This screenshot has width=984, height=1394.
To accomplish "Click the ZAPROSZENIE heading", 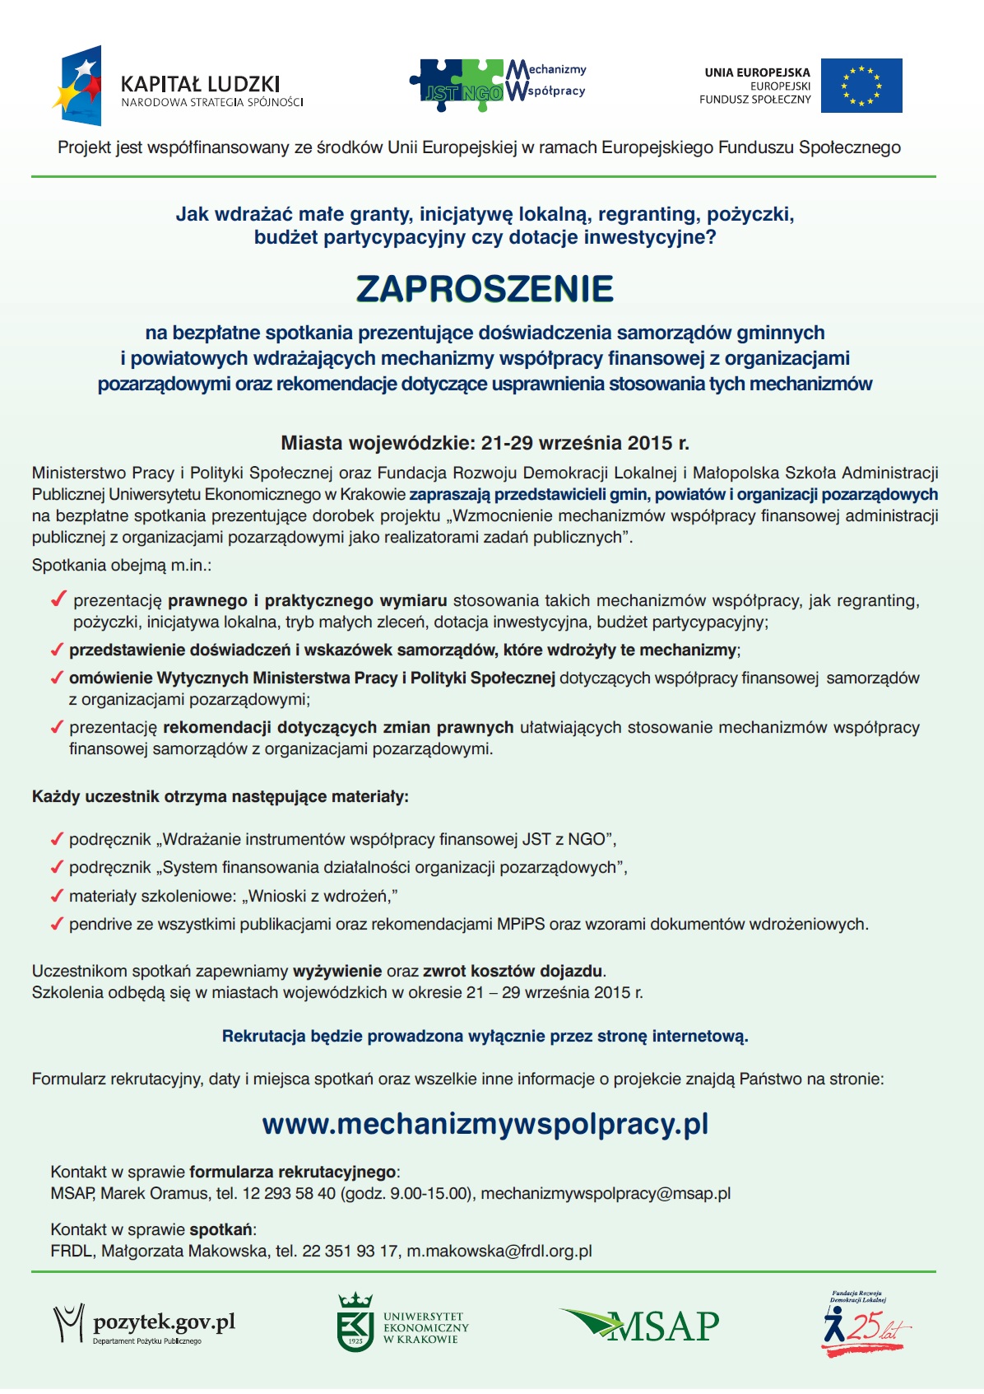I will point(485,289).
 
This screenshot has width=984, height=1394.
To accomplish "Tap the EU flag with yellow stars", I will point(861,86).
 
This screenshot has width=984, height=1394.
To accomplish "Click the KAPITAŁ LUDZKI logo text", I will point(200,84).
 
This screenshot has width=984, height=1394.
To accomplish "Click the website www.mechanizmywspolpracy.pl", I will point(485,1125).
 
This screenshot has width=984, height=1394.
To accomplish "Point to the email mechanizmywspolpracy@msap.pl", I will point(606,1194).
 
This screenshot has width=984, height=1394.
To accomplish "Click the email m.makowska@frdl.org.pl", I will point(499,1252).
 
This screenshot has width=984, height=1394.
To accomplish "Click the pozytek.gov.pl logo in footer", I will point(145,1324).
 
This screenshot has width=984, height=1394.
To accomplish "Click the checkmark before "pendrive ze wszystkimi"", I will point(57,924).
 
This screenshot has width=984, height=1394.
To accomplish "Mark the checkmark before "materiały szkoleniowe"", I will point(57,896).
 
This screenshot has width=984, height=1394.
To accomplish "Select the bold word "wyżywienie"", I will point(337,972).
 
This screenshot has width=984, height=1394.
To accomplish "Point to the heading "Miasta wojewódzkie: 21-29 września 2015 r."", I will point(485,443).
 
